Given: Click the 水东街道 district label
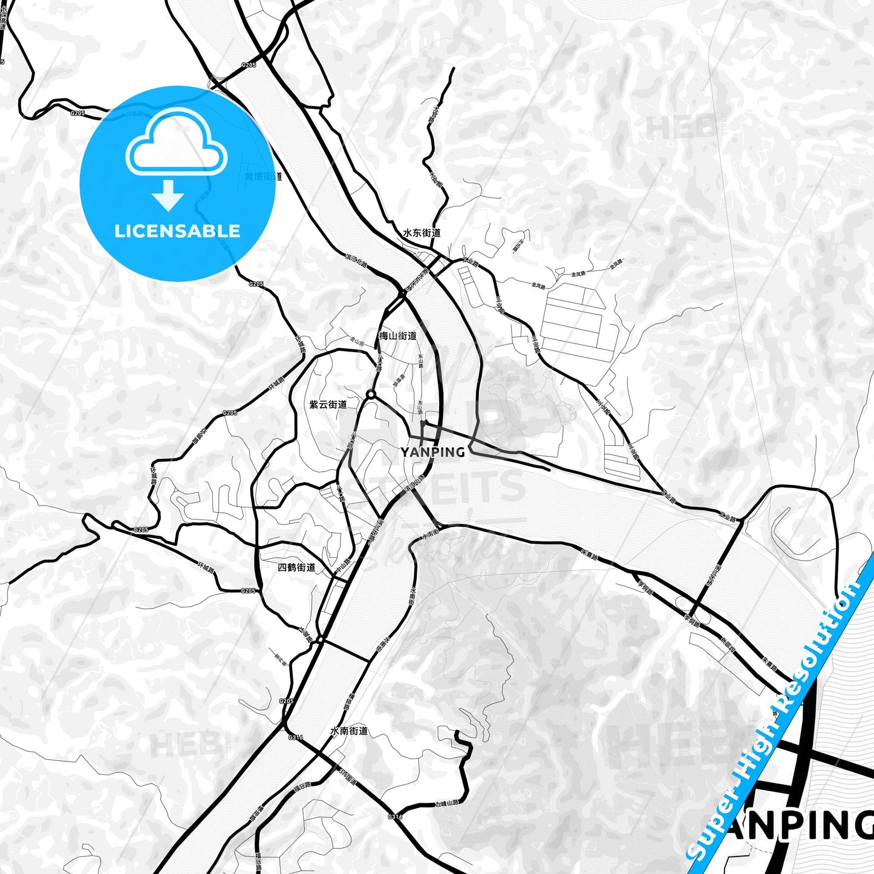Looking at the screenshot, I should pyautogui.click(x=422, y=233).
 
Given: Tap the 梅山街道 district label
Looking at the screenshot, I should pyautogui.click(x=397, y=336).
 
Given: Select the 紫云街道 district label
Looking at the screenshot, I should pyautogui.click(x=328, y=405).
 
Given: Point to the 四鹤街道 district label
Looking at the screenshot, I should pyautogui.click(x=296, y=567).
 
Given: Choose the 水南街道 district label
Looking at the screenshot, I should pyautogui.click(x=349, y=731).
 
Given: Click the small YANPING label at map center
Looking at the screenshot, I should pyautogui.click(x=432, y=452).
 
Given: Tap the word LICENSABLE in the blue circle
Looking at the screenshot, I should pyautogui.click(x=177, y=231).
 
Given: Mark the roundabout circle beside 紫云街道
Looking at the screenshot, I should pyautogui.click(x=370, y=395).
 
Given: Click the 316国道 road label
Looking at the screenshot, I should pyautogui.click(x=347, y=777).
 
